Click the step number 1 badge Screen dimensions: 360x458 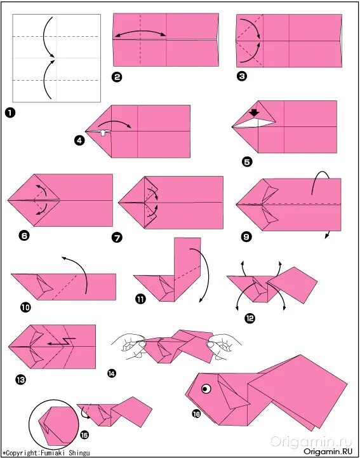click(x=10, y=113)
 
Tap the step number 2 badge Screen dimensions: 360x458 click(x=117, y=77)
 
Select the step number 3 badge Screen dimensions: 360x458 click(x=242, y=76)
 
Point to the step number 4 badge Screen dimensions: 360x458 click(x=79, y=141)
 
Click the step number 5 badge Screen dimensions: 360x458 click(x=247, y=162)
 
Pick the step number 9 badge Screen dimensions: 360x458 click(x=247, y=236)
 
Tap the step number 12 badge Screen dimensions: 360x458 click(x=250, y=318)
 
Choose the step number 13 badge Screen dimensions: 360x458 click(x=21, y=380)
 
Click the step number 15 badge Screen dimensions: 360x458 click(x=84, y=435)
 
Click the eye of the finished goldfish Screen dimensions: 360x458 click(x=206, y=389)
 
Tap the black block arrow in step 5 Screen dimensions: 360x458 click(x=255, y=112)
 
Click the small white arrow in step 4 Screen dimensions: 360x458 click(x=102, y=133)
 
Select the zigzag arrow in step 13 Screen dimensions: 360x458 click(x=62, y=341)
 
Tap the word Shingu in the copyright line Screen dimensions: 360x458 click(x=79, y=453)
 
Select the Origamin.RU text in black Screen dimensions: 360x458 click(x=328, y=451)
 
